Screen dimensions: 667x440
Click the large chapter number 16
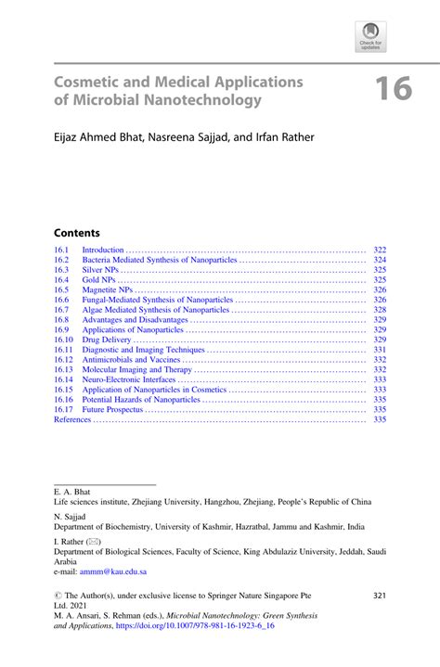394,90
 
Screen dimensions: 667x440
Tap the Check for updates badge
370,37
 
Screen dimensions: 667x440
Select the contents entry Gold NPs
97,279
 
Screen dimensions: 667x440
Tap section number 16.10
64,340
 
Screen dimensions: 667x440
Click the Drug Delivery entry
107,340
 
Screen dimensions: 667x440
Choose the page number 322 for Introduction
379,250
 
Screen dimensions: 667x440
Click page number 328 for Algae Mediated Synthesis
379,310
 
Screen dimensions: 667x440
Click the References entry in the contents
72,419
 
